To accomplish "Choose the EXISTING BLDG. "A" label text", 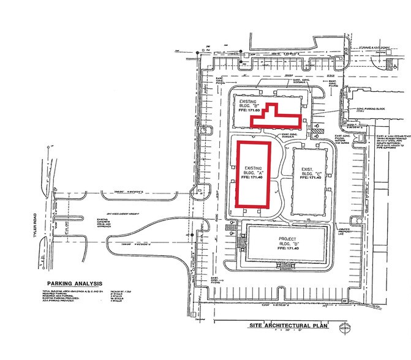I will tap(252, 172).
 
